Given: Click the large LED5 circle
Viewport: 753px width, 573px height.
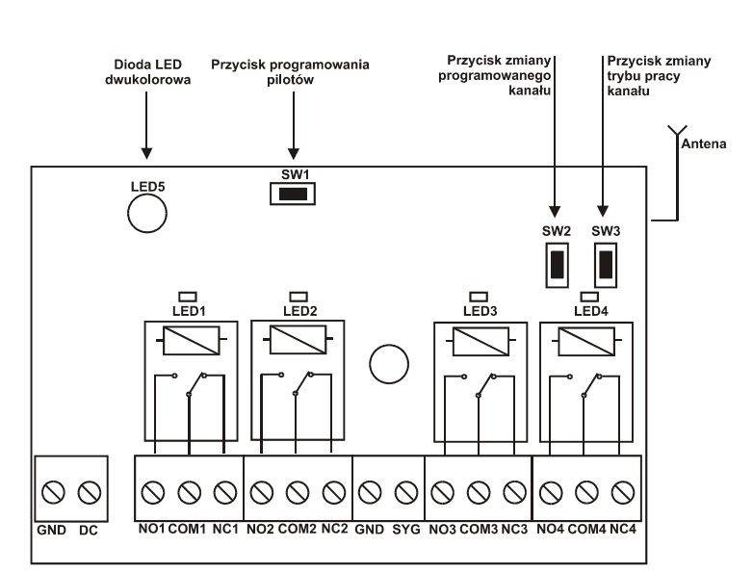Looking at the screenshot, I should click(x=146, y=214).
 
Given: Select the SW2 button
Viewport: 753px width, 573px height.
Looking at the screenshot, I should click(x=557, y=262).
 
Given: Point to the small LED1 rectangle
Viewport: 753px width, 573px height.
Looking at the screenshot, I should click(x=189, y=295).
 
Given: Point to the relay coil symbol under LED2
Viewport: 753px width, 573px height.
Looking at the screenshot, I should click(x=294, y=340).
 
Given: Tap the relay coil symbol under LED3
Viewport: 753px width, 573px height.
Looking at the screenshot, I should click(x=478, y=340).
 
